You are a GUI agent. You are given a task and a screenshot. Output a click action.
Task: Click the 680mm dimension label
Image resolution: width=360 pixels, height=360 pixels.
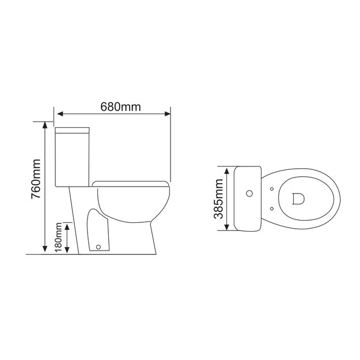click(120, 107)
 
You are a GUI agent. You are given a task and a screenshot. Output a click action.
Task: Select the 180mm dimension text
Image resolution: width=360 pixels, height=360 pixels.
click(58, 238)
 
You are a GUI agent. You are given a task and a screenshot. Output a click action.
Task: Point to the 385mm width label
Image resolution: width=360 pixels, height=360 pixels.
click(218, 199)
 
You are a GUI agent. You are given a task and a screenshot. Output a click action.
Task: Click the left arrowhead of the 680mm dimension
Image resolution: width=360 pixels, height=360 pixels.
click(58, 113)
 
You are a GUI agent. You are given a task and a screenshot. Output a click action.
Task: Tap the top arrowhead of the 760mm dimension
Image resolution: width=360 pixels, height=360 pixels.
click(46, 126)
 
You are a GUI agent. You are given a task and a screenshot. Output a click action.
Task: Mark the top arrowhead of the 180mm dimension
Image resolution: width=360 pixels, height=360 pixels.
click(68, 227)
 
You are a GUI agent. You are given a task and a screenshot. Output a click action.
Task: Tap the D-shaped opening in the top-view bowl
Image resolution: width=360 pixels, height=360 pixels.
click(298, 199)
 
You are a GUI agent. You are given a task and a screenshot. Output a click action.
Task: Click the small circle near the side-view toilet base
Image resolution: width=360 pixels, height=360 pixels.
click(98, 248)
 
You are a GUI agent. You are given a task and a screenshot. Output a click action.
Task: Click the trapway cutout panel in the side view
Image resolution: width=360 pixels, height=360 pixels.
click(98, 230)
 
